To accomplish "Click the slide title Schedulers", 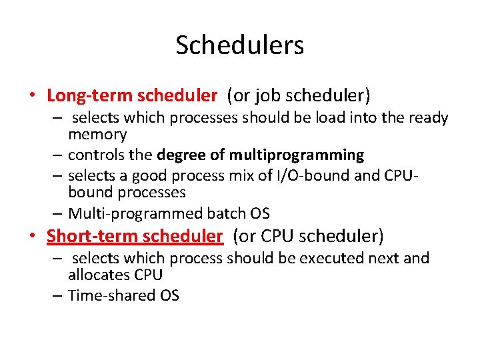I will tap(240, 45).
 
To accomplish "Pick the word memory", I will tap(97, 134).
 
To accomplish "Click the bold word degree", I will tap(183, 155).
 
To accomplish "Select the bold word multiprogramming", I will tap(297, 155).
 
